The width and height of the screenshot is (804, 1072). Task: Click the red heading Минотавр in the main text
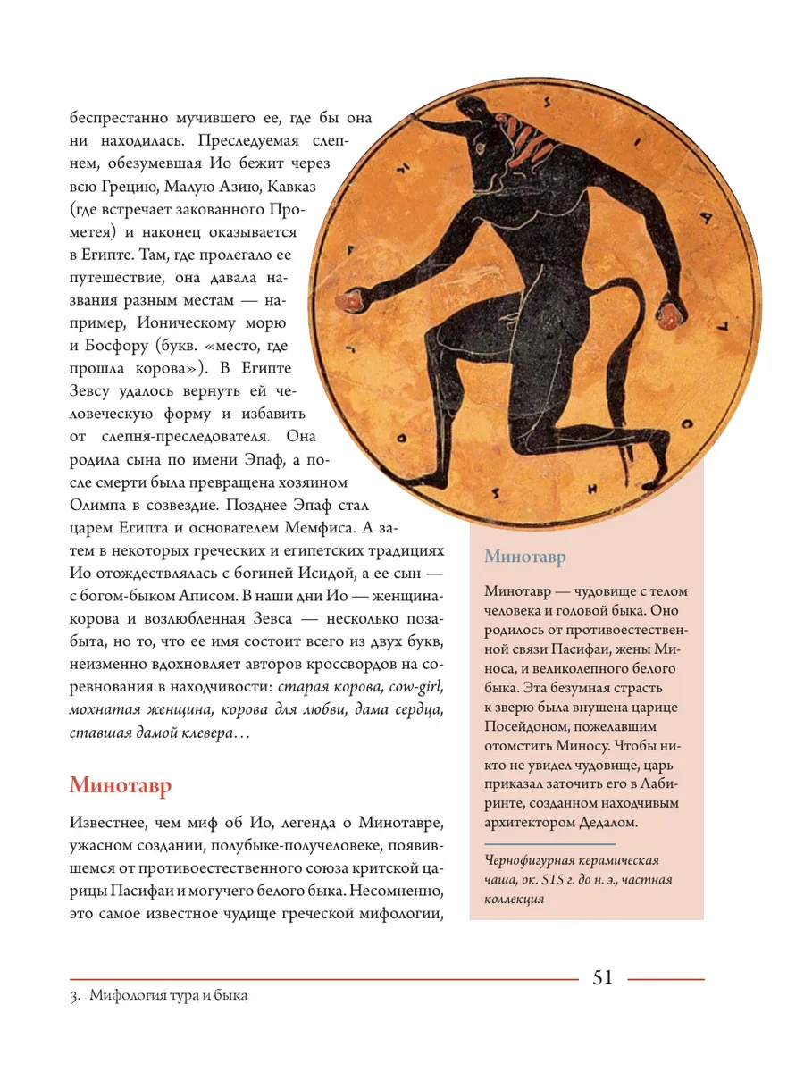pyautogui.click(x=121, y=786)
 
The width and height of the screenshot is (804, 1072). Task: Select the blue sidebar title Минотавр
pyautogui.click(x=525, y=557)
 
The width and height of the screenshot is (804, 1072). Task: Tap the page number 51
pyautogui.click(x=603, y=977)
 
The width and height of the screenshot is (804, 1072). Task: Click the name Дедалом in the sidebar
pyautogui.click(x=603, y=821)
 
